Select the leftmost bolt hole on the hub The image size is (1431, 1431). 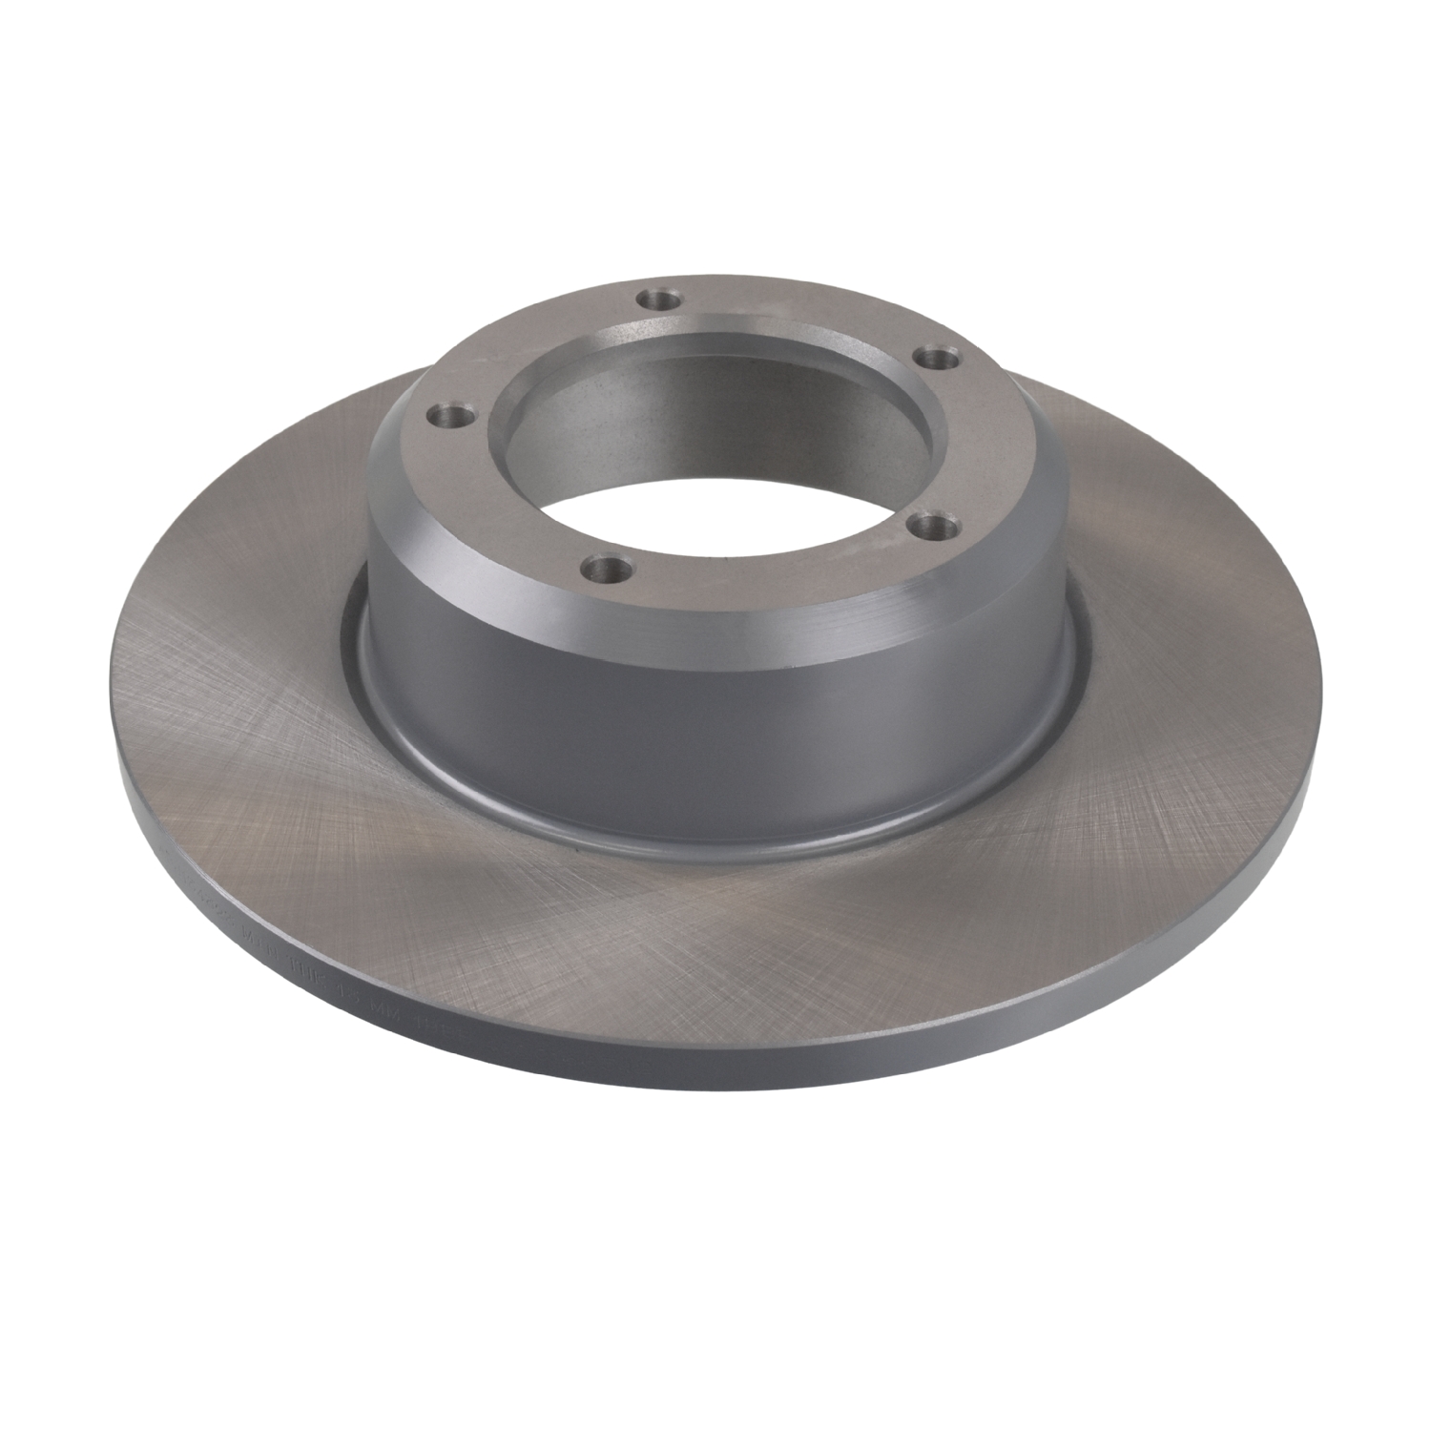(x=442, y=416)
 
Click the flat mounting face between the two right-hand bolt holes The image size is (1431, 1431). (x=964, y=439)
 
